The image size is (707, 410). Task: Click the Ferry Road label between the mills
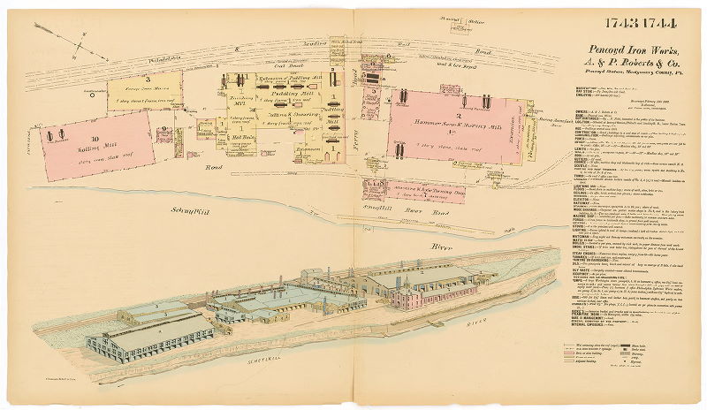pyautogui.click(x=353, y=133)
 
